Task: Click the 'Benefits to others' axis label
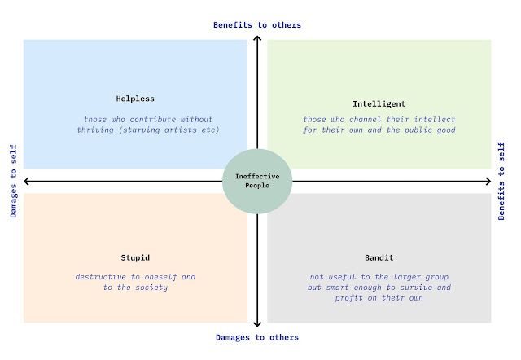point(257,25)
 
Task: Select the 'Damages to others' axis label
point(257,337)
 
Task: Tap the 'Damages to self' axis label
point(13,181)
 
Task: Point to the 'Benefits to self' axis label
point(501,181)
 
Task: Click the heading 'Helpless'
point(135,99)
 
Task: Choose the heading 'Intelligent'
point(379,104)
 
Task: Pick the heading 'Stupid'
point(135,257)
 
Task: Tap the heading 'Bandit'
point(379,257)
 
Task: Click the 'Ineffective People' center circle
point(257,181)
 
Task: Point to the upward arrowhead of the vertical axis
point(257,37)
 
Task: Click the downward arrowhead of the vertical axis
point(257,324)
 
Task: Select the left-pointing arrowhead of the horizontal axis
point(26,181)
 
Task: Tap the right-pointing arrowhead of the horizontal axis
point(488,181)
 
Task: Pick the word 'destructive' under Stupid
point(101,277)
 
